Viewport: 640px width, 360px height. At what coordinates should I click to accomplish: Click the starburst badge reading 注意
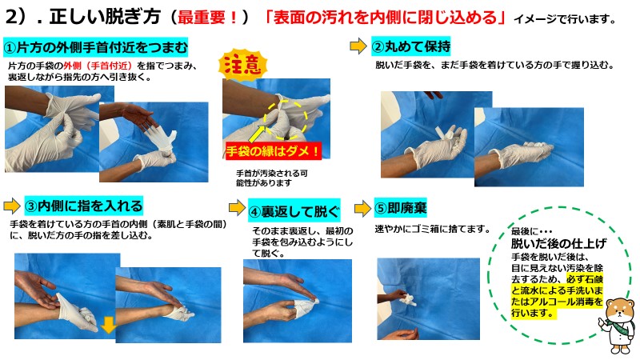tap(243, 65)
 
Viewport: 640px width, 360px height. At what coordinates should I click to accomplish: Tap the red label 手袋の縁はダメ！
tap(274, 151)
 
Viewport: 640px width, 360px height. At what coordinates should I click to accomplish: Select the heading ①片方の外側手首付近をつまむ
tap(95, 48)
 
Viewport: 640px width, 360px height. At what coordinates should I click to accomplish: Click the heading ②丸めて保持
tap(411, 46)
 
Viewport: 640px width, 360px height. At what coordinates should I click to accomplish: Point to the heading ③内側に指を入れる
tap(84, 206)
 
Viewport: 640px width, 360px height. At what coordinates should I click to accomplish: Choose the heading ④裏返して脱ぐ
tap(294, 211)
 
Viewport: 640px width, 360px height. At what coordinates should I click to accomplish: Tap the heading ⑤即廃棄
tap(401, 208)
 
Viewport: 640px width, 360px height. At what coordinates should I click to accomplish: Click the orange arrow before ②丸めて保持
tap(358, 46)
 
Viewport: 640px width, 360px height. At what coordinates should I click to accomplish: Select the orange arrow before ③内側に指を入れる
tap(11, 206)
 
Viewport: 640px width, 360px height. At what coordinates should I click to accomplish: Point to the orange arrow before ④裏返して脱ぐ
tap(237, 207)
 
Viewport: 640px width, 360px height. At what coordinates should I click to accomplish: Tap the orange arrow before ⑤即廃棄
tap(362, 209)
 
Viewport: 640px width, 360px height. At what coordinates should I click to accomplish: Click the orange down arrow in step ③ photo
tap(109, 326)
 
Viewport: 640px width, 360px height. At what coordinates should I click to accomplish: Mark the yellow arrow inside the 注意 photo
tap(257, 134)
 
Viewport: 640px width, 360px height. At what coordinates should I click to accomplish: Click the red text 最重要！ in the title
tap(209, 18)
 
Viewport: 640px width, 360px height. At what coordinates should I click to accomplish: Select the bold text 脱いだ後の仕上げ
tap(558, 244)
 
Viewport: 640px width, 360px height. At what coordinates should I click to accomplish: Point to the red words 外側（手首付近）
tap(98, 66)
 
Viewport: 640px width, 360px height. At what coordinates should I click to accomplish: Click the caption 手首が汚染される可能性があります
tap(272, 178)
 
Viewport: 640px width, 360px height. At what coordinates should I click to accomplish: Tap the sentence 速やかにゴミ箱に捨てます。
tap(433, 229)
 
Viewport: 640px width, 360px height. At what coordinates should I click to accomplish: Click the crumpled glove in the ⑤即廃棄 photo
tap(408, 298)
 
